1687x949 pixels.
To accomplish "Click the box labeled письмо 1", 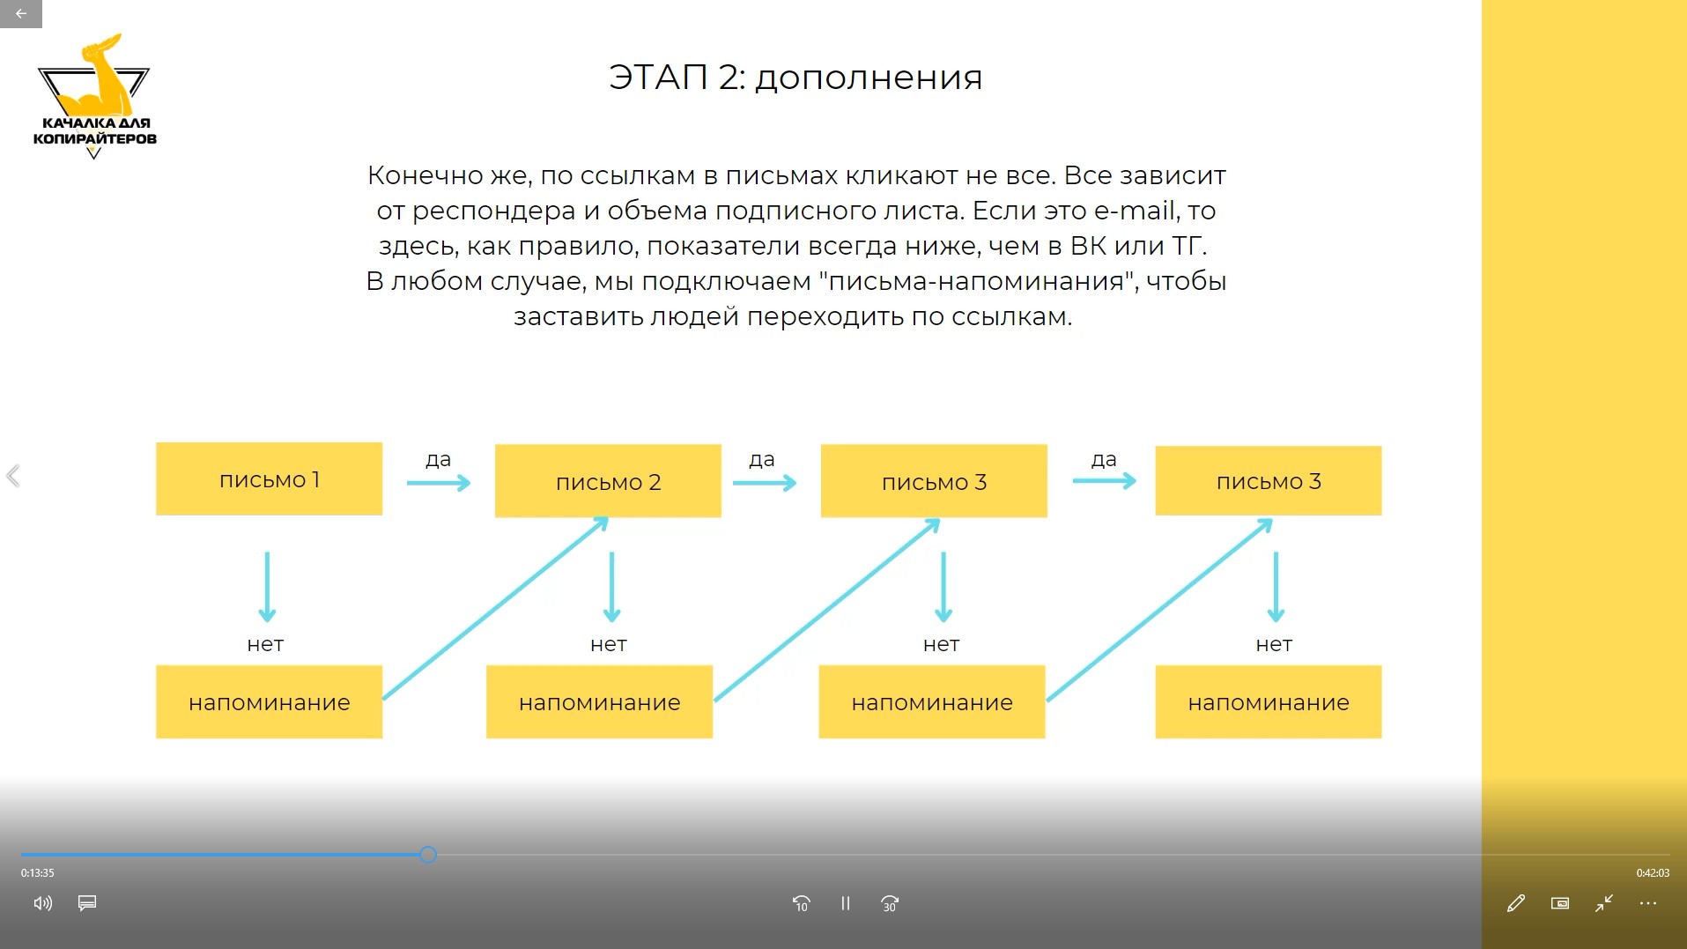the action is coord(269,478).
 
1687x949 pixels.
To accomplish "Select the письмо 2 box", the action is coord(608,481).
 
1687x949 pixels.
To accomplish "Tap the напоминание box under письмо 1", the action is coord(269,701).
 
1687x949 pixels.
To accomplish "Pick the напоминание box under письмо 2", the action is coord(599,701).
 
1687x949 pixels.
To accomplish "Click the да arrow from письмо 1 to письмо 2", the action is coord(439,483).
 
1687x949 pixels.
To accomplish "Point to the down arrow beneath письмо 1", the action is coord(267,587).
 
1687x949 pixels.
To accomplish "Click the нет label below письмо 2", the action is coord(609,644).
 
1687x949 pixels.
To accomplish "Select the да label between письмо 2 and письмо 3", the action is coord(762,459).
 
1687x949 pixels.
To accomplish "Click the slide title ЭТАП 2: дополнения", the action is coord(795,78).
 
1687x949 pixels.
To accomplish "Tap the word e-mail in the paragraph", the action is coord(1136,211).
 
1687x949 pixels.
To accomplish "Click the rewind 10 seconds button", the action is coord(801,903).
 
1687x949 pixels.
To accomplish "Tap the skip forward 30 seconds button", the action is coord(890,903).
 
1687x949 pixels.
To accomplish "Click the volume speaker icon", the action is coord(42,903).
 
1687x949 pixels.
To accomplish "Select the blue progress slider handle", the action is coord(428,854).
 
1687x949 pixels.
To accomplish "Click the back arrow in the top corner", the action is coord(21,13).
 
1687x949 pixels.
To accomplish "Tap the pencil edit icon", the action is coord(1515,903).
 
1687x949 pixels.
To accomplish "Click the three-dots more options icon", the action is coord(1648,903).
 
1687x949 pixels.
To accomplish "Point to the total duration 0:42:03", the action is coord(1653,873).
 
